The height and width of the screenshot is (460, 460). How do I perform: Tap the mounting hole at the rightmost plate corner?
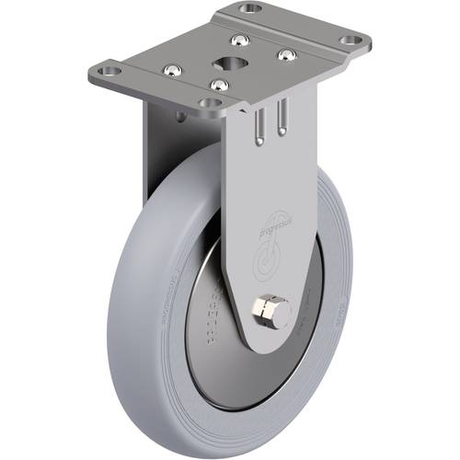tap(351, 41)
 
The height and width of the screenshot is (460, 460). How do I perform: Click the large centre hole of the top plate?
tap(226, 62)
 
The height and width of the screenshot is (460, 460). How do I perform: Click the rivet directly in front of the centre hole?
tap(217, 86)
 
